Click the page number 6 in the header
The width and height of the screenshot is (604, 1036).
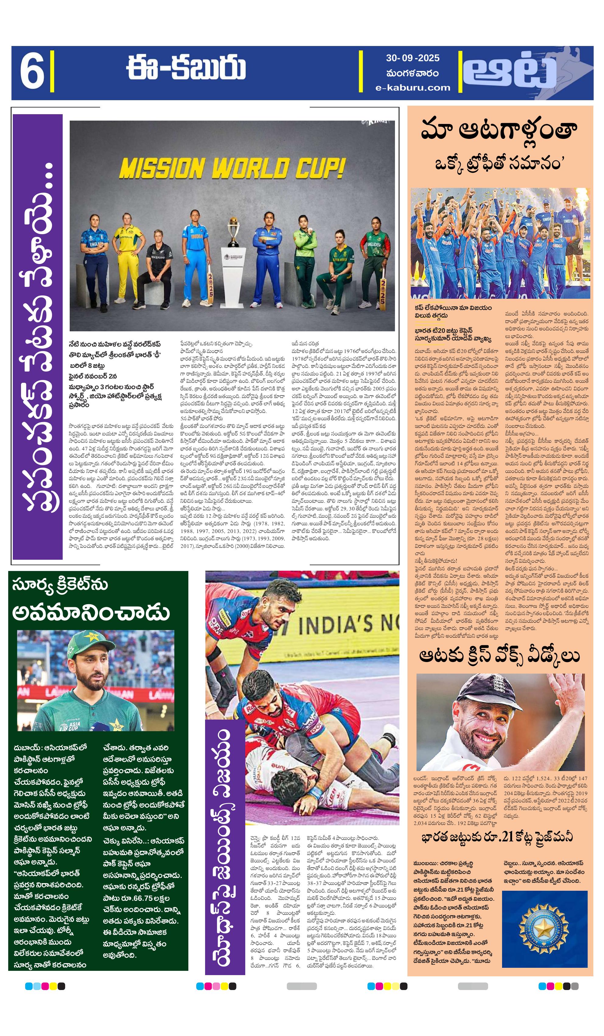32,72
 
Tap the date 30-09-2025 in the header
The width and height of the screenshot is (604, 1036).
412,58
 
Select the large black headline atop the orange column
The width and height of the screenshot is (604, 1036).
499,131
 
